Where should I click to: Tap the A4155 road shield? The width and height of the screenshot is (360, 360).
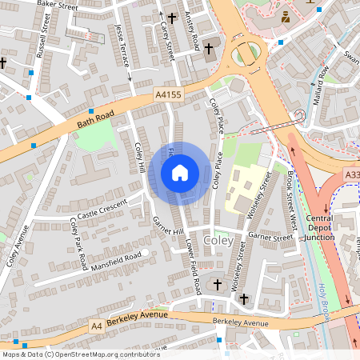click(168, 94)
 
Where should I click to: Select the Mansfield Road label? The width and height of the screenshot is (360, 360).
click(116, 258)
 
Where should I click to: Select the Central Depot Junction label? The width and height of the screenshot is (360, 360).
click(321, 226)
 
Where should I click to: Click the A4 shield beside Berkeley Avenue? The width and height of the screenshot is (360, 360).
click(97, 326)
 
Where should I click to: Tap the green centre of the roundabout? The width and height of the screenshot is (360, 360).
click(246, 54)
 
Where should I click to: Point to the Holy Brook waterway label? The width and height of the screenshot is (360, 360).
click(323, 298)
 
